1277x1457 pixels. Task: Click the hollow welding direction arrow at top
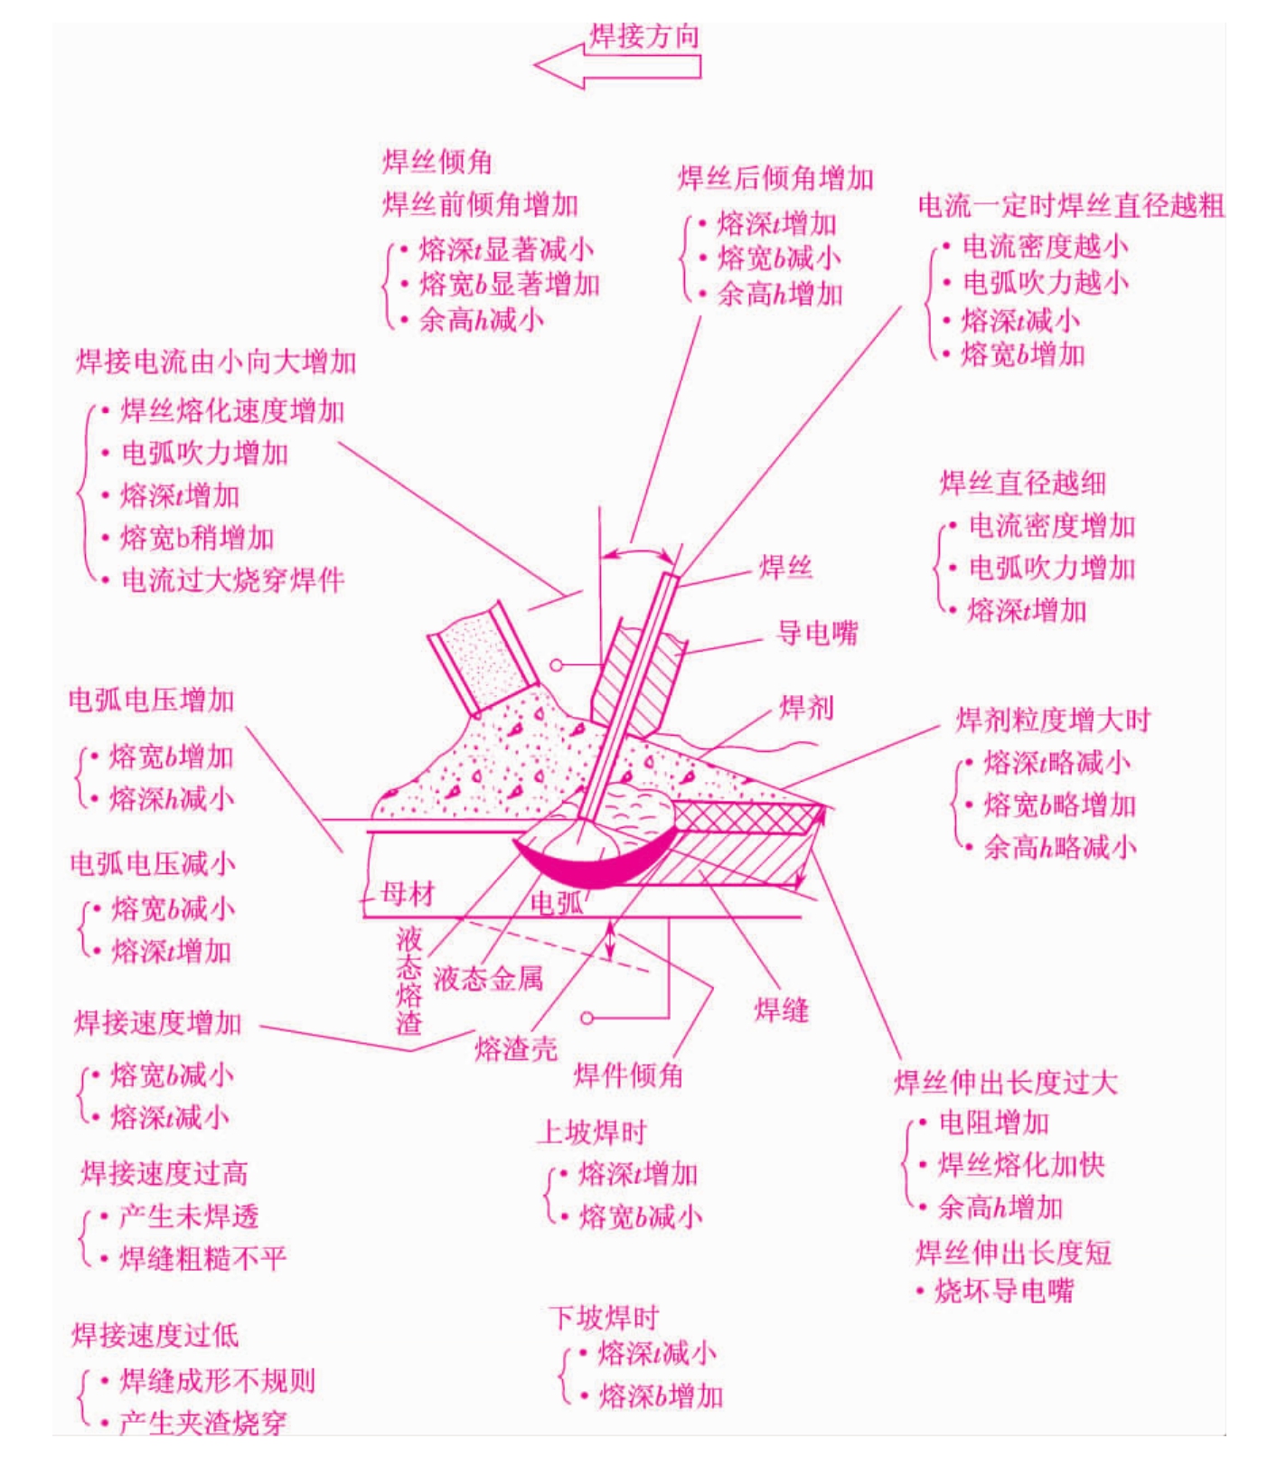coord(617,67)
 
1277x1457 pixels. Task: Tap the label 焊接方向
coord(644,36)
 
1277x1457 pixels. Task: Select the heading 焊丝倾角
coord(437,162)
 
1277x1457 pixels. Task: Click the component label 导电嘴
coord(817,633)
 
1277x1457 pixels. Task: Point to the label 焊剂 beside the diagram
coord(806,707)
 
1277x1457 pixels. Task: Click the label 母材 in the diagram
coord(408,894)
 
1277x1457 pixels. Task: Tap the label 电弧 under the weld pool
coord(557,902)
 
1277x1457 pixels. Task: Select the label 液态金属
coord(488,978)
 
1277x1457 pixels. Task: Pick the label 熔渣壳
coord(516,1048)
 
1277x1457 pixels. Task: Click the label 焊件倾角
coord(628,1076)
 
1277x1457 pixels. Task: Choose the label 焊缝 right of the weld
coord(782,1010)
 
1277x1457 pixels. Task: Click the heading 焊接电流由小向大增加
coord(216,362)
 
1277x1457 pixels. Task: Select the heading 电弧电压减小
coord(153,863)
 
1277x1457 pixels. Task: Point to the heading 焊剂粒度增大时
coord(1054,720)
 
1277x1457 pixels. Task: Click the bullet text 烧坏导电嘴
coord(1004,1291)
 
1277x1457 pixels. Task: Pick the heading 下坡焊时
coord(603,1318)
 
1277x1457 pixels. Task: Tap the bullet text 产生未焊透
coord(189,1217)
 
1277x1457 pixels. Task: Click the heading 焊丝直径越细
coord(1023,483)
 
